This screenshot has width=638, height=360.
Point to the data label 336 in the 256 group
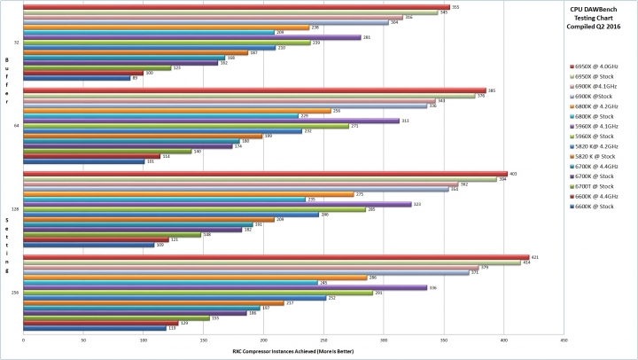[432, 287]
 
